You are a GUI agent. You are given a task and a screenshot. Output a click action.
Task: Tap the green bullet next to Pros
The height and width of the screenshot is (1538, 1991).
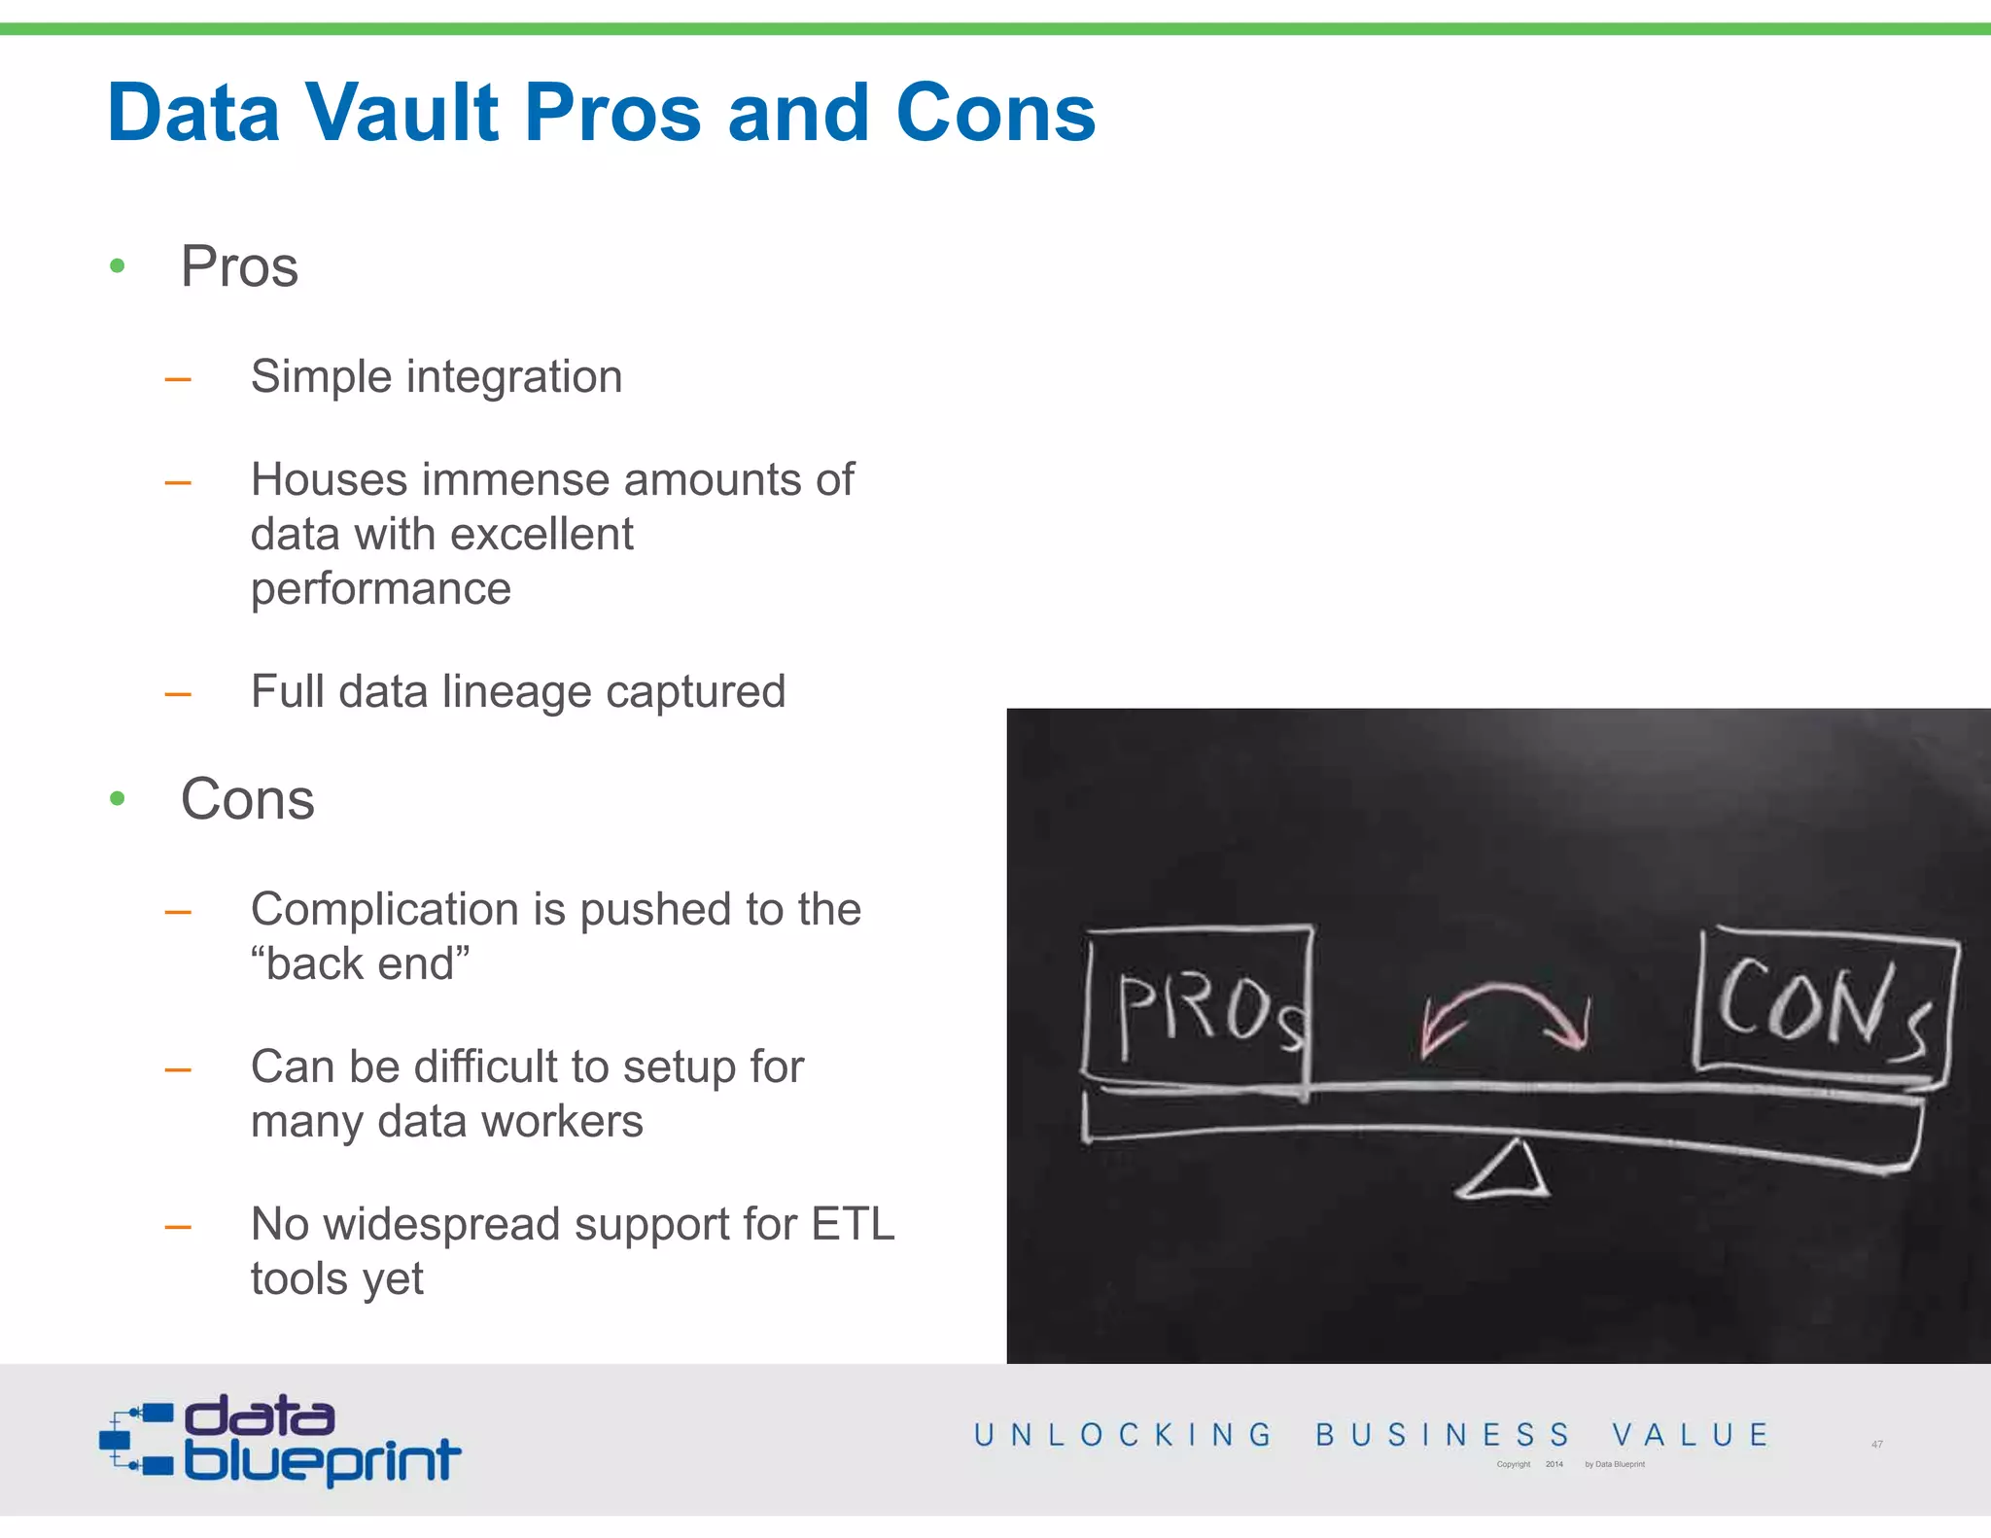pos(118,265)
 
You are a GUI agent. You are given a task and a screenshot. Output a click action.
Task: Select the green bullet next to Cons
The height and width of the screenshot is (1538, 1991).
pos(118,798)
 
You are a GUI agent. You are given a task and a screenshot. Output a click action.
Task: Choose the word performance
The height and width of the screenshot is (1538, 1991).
pos(380,589)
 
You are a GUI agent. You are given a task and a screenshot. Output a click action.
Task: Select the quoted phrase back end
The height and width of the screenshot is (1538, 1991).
pos(360,963)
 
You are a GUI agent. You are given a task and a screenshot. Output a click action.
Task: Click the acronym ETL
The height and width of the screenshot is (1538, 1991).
pos(853,1224)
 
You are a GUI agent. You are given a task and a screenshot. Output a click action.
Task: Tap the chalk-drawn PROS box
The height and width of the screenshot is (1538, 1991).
pos(1199,1006)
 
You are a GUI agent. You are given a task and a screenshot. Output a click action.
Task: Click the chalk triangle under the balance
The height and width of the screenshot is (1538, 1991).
pos(1503,1171)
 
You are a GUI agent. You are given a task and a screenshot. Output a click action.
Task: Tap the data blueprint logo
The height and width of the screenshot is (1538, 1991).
pos(280,1440)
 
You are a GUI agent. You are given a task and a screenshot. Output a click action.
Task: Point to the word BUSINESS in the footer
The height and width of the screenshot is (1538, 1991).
pos(1443,1435)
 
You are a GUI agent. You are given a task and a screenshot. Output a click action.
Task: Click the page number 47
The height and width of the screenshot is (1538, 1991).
pos(1877,1445)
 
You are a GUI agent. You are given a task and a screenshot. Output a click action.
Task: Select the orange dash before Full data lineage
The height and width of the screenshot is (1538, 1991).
pos(178,694)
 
